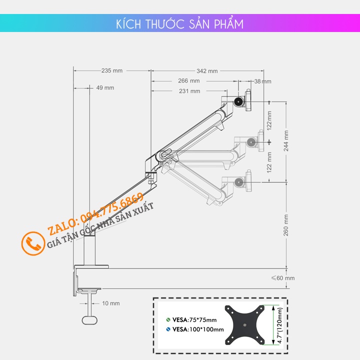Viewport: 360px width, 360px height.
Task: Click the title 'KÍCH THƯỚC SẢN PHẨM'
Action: click(179, 24)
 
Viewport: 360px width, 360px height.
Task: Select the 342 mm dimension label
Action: click(207, 70)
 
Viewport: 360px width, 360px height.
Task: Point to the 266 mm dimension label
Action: click(189, 80)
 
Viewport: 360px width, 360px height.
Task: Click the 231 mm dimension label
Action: click(189, 91)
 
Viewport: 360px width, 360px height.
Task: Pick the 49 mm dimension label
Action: click(105, 87)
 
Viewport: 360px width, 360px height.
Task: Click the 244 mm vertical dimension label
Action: click(286, 141)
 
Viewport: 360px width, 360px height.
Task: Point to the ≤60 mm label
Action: click(282, 278)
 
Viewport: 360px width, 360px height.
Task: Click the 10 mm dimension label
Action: click(110, 303)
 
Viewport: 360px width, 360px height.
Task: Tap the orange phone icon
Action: click(33, 244)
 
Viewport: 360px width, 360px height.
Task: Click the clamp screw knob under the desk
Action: click(89, 318)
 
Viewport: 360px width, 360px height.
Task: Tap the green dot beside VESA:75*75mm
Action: click(168, 319)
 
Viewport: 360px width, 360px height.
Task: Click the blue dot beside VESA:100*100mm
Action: click(168, 329)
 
